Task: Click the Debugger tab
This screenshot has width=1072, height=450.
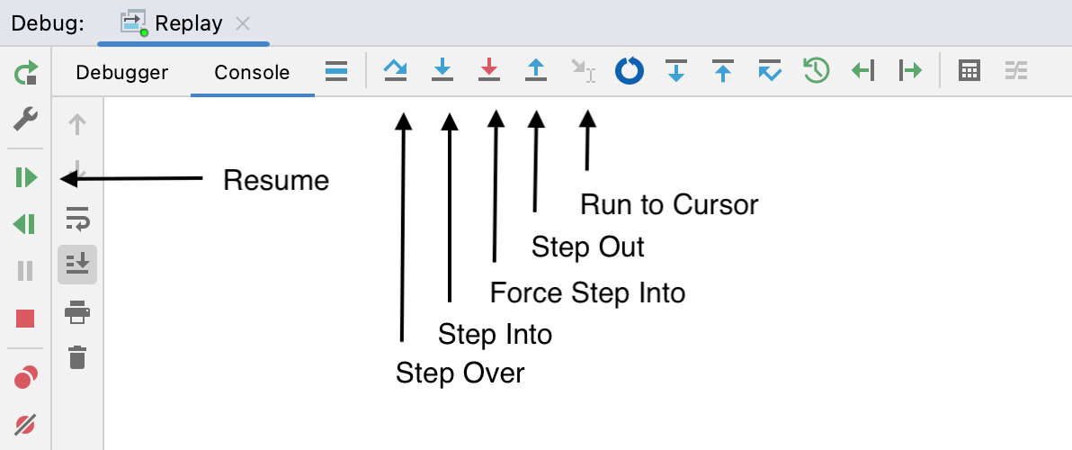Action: [121, 73]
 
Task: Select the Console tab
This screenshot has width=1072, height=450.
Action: [252, 73]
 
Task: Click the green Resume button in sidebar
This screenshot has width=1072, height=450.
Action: [26, 178]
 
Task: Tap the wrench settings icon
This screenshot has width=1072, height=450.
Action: [26, 119]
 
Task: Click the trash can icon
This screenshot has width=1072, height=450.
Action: [77, 357]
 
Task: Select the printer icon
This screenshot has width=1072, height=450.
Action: [77, 312]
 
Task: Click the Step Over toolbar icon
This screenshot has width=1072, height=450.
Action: [396, 70]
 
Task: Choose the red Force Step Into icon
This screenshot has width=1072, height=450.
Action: [489, 70]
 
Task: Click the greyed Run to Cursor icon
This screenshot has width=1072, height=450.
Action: [583, 70]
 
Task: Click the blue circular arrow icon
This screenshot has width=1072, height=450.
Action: [629, 70]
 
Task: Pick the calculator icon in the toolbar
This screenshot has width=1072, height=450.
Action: [969, 70]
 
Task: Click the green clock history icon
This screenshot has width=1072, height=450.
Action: [817, 70]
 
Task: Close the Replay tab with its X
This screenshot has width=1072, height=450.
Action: [243, 24]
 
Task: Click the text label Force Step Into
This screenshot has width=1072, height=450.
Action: [587, 292]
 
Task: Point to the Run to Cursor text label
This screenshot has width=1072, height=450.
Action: [669, 204]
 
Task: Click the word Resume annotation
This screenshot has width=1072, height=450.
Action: [276, 181]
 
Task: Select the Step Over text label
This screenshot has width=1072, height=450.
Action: [460, 373]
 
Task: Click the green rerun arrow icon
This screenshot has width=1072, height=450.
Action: [26, 73]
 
